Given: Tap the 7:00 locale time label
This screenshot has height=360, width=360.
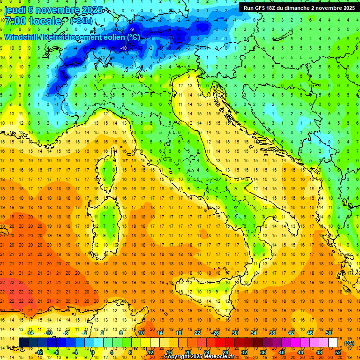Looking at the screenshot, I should click(33, 21).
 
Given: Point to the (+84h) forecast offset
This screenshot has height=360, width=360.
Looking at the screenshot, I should click(81, 21).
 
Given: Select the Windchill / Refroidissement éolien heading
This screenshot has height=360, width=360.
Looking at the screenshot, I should click(72, 37).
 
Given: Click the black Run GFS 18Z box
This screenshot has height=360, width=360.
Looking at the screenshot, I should click(299, 7).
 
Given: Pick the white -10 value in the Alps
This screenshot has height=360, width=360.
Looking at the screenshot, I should click(124, 48).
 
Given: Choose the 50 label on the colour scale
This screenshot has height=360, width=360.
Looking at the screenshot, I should click(329, 333).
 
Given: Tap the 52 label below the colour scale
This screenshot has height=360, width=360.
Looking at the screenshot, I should click(338, 352).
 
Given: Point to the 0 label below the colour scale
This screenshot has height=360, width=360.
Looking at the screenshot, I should click(93, 352).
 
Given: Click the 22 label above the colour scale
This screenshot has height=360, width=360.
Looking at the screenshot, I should click(197, 333).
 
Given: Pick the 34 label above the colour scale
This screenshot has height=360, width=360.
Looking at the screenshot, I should click(253, 333).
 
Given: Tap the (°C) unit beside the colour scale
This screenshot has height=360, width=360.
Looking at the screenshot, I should click(349, 343).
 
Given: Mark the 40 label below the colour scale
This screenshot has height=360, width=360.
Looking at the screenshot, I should click(281, 352).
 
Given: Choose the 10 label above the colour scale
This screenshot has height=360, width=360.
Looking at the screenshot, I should click(141, 333).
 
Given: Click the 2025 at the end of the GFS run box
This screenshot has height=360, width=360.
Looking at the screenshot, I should click(348, 7).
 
